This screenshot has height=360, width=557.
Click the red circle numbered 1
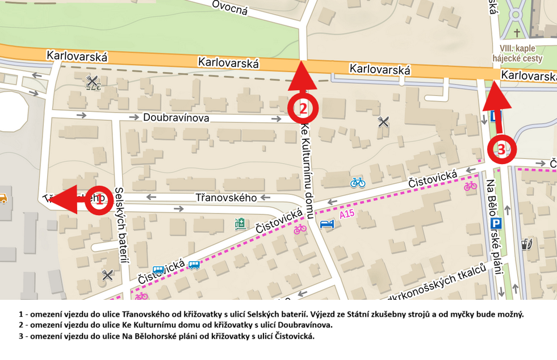[x=99, y=200]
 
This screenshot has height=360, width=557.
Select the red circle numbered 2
[x=303, y=108]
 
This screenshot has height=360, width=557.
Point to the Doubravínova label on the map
[x=176, y=118]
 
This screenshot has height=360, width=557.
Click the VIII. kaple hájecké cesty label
[x=521, y=54]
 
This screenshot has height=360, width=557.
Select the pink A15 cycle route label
[x=347, y=215]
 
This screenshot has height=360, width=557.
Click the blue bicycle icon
[x=358, y=182]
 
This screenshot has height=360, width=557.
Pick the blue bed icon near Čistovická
[x=327, y=224]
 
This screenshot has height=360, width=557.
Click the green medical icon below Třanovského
[x=240, y=224]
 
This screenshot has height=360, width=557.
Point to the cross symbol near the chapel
[x=517, y=34]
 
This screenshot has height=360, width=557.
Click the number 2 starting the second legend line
[x=21, y=325]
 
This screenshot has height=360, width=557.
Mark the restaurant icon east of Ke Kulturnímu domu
[x=384, y=122]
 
